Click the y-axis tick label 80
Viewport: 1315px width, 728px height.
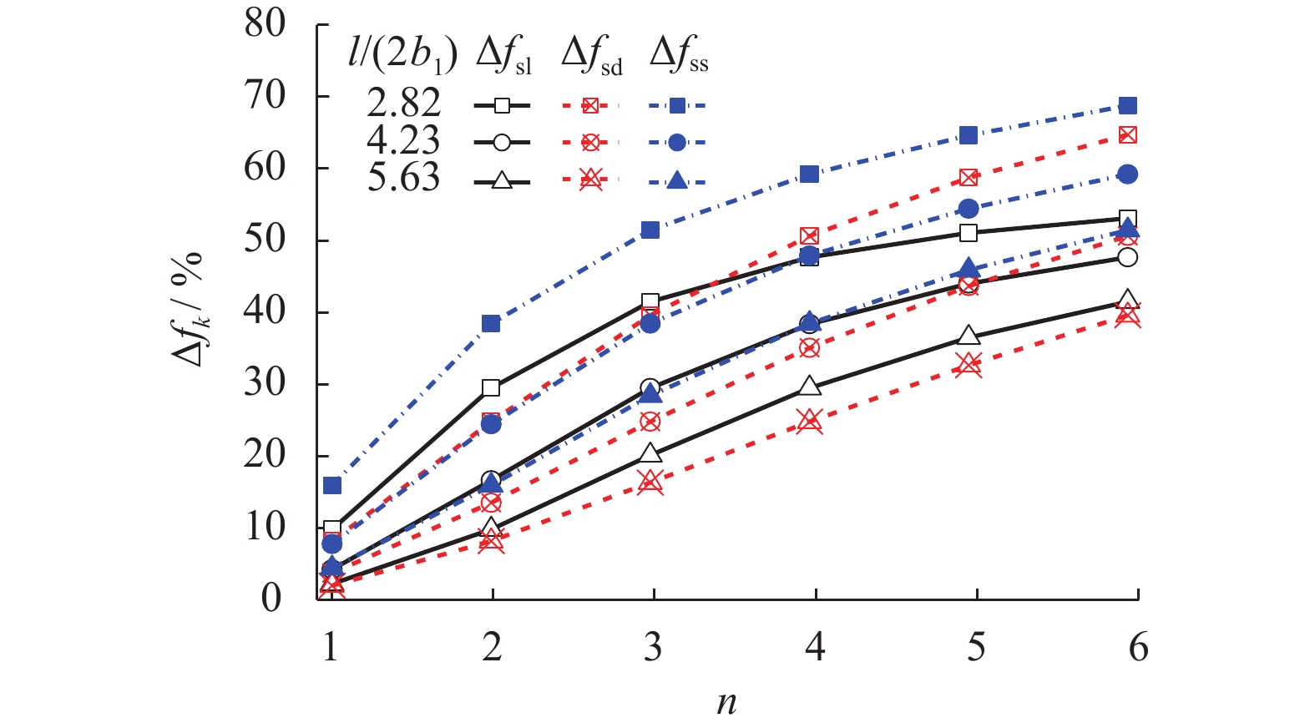(x=265, y=25)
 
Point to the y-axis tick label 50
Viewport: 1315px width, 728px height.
(x=265, y=240)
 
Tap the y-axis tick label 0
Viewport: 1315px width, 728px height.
(x=271, y=599)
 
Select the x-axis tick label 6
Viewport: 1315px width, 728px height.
(x=1138, y=648)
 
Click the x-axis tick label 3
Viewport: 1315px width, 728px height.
(x=653, y=648)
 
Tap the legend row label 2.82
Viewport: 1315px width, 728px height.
(x=403, y=104)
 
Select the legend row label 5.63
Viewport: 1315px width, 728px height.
(x=403, y=178)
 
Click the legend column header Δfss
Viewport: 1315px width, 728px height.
(x=678, y=57)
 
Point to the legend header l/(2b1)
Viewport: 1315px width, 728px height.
(x=402, y=55)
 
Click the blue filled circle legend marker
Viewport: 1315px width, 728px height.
(x=677, y=143)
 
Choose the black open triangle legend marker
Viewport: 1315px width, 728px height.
(x=502, y=179)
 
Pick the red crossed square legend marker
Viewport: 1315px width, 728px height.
(x=590, y=105)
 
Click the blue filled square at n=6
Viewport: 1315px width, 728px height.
(x=1128, y=106)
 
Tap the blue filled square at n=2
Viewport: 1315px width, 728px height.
(x=491, y=324)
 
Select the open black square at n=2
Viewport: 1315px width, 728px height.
(x=491, y=388)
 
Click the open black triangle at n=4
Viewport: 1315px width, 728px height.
(x=809, y=386)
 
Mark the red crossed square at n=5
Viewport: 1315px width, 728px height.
(x=969, y=178)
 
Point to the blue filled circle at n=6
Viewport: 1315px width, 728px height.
(x=1128, y=174)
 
